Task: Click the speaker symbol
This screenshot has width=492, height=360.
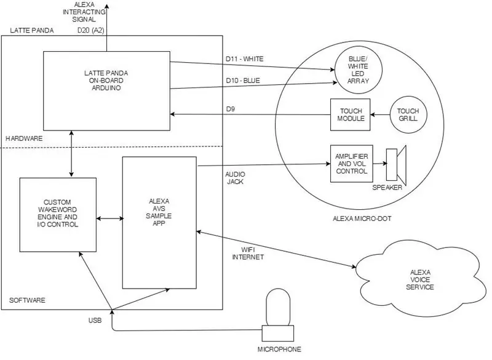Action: point(396,165)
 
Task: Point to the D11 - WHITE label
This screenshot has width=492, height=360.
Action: point(245,58)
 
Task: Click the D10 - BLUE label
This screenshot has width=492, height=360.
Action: point(243,81)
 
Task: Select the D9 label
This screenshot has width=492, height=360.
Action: point(230,109)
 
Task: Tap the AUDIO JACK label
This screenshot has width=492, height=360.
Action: point(236,178)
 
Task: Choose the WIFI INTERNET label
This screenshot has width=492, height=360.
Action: point(248,254)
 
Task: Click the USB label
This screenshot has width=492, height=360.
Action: point(95,321)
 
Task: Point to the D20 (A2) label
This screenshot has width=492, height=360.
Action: point(90,30)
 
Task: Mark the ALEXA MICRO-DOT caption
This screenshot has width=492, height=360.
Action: point(362,218)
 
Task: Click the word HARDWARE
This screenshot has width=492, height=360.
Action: point(24,138)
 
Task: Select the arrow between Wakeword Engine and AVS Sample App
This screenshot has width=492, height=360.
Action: point(109,218)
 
